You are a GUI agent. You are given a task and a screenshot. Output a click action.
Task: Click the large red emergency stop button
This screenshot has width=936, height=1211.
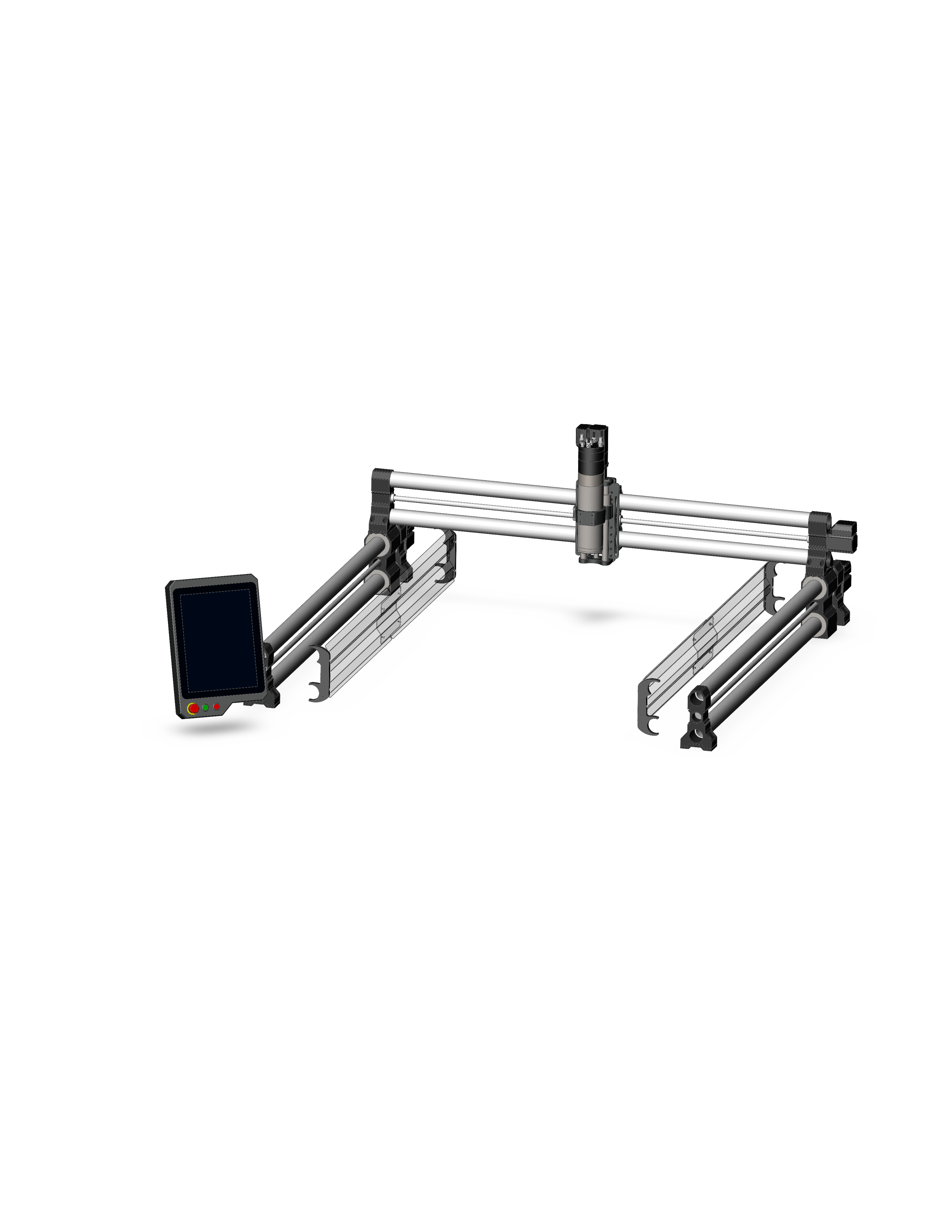point(193,708)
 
